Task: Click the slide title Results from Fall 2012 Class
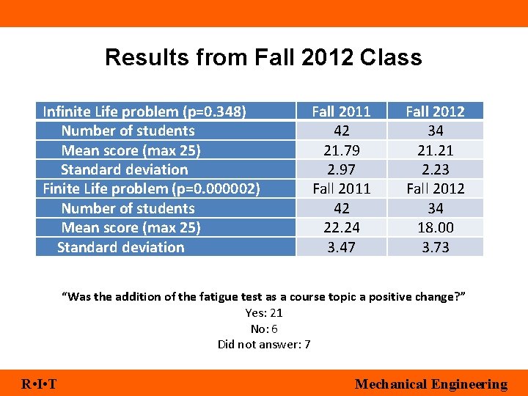click(263, 57)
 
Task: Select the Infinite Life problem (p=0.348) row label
click(144, 111)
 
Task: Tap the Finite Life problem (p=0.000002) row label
click(151, 188)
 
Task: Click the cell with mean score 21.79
click(341, 150)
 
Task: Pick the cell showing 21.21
click(435, 150)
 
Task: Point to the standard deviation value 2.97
click(341, 169)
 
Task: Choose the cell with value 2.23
click(435, 169)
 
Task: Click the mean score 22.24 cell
click(341, 227)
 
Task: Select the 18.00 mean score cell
click(435, 227)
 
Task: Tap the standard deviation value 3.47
click(341, 247)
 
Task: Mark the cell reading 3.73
click(435, 247)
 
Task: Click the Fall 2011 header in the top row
click(341, 111)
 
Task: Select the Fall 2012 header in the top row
click(435, 111)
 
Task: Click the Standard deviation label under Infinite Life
click(125, 169)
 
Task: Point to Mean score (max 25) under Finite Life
click(131, 227)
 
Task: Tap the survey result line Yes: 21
click(264, 313)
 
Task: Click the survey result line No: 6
click(264, 329)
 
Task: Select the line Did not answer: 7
click(264, 345)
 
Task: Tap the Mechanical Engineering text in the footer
click(430, 384)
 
